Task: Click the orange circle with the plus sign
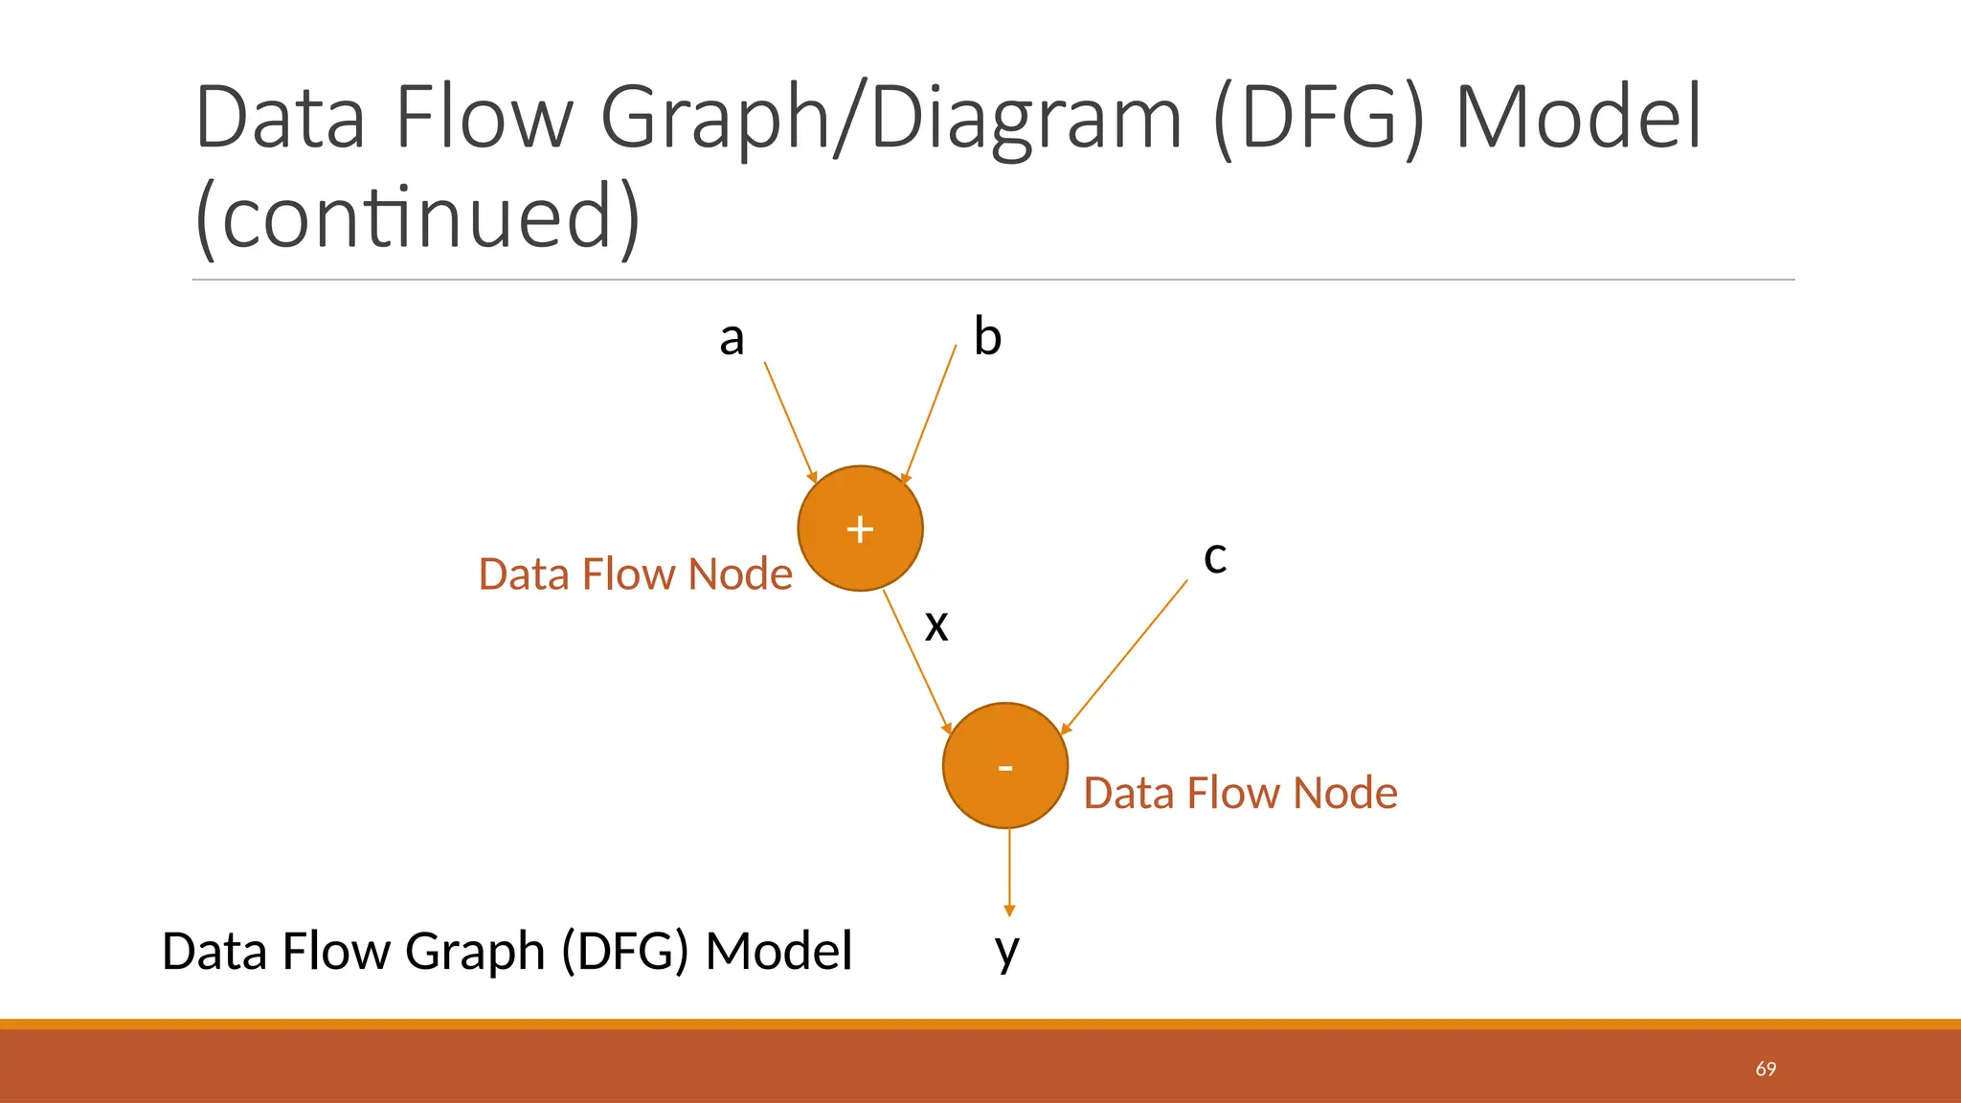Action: coord(860,529)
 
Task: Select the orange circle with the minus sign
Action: coord(1004,766)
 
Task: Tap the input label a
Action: coord(732,338)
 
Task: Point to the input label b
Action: coord(987,337)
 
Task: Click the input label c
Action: coord(1215,557)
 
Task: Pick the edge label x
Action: coord(936,625)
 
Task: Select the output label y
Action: coord(1007,951)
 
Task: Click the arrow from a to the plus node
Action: coord(790,420)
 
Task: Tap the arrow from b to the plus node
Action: coord(930,413)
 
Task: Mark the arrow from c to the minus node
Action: coord(1125,657)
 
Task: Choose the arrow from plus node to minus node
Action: coord(916,662)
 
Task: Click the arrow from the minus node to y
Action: coord(1009,871)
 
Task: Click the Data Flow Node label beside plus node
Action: coord(635,574)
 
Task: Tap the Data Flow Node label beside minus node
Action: coord(1240,793)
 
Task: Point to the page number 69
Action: coord(1766,1069)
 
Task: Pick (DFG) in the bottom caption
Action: coord(624,952)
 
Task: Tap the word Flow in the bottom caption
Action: coord(332,952)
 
